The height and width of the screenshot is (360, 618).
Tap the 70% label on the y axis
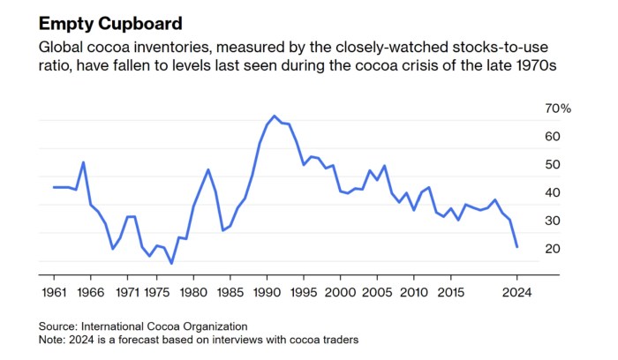click(560, 109)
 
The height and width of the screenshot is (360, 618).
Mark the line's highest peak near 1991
click(275, 116)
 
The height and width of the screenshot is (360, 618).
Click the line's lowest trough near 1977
click(171, 264)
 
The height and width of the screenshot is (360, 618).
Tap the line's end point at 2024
click(516, 246)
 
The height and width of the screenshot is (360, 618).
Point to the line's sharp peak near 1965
click(83, 162)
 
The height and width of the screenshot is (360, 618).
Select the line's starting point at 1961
click(54, 187)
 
